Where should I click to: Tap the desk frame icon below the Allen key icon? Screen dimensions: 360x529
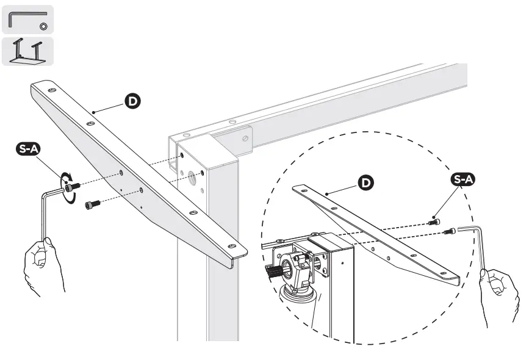pyautogui.click(x=27, y=51)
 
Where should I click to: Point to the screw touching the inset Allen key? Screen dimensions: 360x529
pyautogui.click(x=452, y=231)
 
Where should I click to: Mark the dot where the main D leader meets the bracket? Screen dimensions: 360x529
pyautogui.click(x=93, y=112)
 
